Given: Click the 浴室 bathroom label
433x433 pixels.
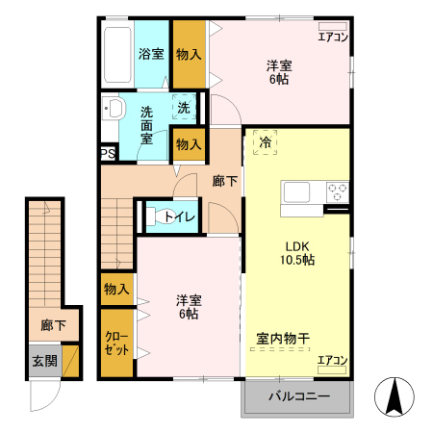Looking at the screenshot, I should tap(151, 54).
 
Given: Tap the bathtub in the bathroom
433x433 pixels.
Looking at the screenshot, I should tap(118, 55).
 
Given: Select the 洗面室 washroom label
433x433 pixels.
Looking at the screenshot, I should tap(147, 125).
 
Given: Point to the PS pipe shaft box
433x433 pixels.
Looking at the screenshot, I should tap(108, 152).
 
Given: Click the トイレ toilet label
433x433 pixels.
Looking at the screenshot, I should tap(180, 216).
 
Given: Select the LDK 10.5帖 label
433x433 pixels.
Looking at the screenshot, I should tap(299, 252).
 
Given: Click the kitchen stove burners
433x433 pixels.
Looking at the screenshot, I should tap(337, 191).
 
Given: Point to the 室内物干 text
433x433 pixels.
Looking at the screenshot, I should tap(282, 339).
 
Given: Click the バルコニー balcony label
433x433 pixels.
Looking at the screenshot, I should tap(297, 396).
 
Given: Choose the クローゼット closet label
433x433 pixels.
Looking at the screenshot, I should tap(117, 342).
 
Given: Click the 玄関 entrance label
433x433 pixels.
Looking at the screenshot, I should tap(44, 361).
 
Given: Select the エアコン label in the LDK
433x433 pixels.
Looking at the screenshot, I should tap(333, 361).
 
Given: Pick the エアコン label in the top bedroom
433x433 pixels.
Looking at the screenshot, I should tap(333, 38).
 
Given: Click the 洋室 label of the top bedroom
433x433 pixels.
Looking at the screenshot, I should tap(279, 72).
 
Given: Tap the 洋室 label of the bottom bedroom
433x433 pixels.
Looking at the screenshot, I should tap(189, 306).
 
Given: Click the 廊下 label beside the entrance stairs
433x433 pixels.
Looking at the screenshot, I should tap(54, 326).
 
